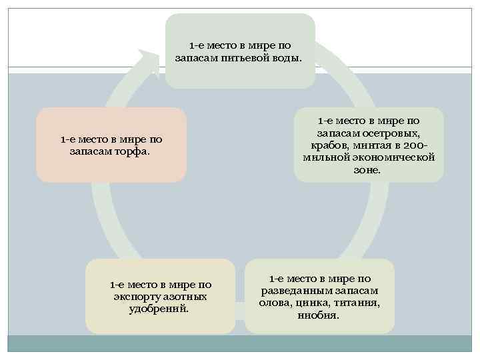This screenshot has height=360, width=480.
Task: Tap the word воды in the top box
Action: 286,59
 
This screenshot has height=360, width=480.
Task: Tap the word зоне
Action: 368,170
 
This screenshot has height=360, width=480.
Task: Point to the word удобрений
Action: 159,309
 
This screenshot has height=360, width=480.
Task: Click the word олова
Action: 275,303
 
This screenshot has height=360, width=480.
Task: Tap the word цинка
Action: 312,303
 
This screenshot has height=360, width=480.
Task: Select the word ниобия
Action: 319,315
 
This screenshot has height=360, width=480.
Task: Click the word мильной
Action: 326,157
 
